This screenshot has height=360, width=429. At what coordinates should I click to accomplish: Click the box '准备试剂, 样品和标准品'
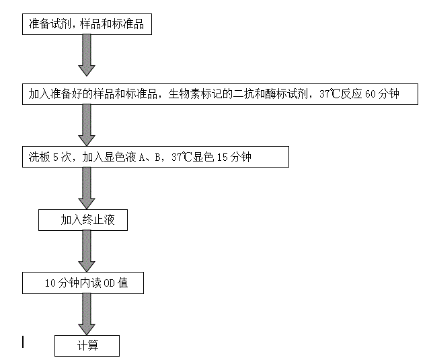[x=87, y=24]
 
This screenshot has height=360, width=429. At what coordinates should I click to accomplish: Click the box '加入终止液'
[x=83, y=220]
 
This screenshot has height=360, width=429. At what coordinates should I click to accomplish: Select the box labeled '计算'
[x=87, y=346]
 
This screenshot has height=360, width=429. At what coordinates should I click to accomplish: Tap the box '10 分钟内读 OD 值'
[x=83, y=283]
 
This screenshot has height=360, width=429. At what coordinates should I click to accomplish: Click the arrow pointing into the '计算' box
[x=87, y=314]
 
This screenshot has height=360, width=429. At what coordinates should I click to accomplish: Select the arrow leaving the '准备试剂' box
[x=87, y=55]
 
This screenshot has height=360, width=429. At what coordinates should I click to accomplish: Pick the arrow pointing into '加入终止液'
[x=87, y=188]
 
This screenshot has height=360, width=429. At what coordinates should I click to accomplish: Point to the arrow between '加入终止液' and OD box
[x=87, y=251]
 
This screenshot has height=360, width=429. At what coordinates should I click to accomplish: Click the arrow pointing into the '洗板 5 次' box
[x=87, y=125]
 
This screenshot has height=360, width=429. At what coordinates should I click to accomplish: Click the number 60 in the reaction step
[x=370, y=94]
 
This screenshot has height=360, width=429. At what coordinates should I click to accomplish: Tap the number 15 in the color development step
[x=223, y=157]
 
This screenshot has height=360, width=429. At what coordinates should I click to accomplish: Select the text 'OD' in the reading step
[x=109, y=283]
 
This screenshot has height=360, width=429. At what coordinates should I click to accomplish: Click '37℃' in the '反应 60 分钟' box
[x=329, y=94]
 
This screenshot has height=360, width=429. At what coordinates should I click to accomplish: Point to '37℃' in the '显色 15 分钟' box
[x=182, y=157]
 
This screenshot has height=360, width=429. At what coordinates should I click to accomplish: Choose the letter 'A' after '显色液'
[x=142, y=157]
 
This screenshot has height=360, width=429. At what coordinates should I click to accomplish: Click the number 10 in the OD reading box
[x=50, y=283]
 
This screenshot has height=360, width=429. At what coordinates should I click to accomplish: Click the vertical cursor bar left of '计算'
[x=23, y=342]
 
